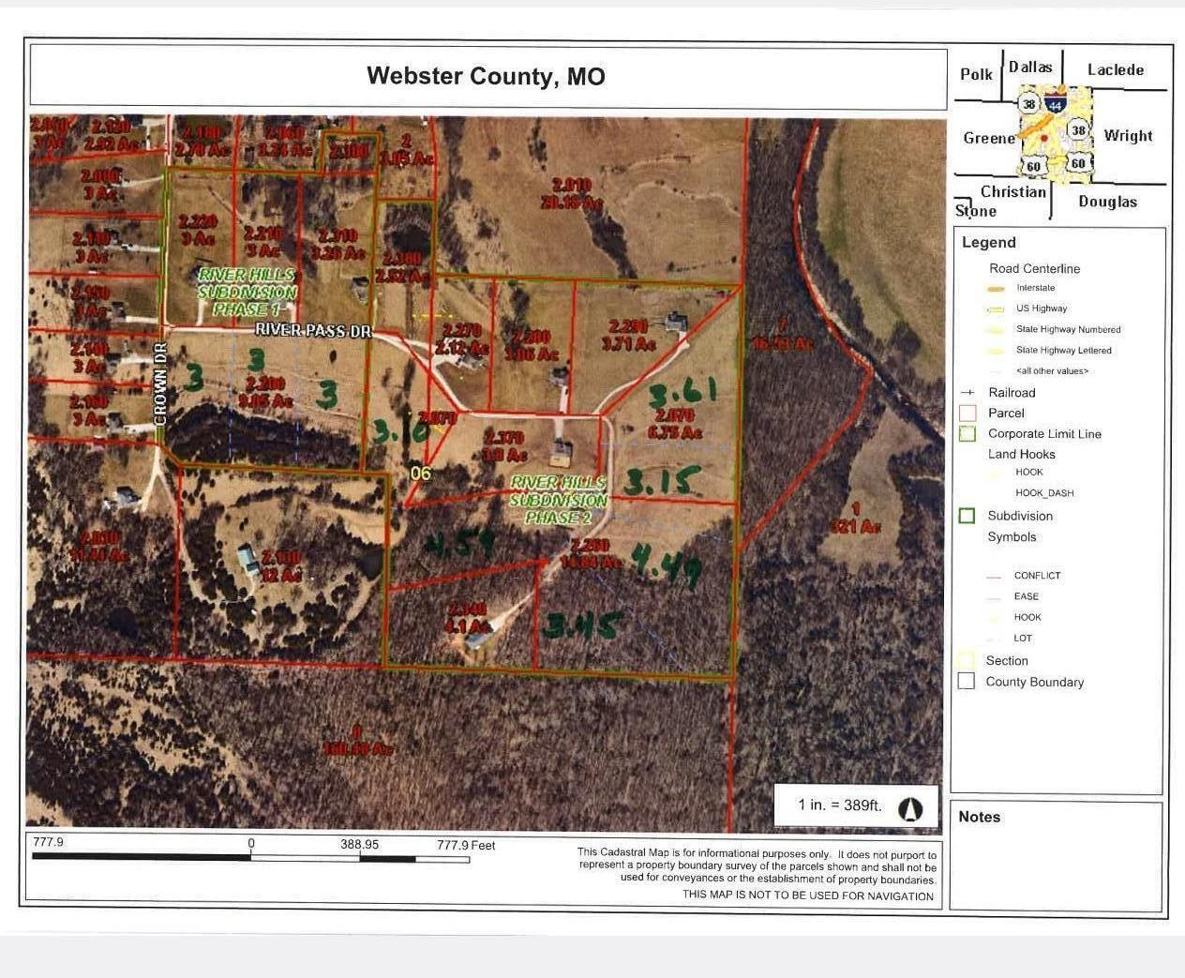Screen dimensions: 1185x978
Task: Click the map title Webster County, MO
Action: [x=486, y=76]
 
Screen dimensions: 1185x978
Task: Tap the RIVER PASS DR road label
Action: [x=313, y=330]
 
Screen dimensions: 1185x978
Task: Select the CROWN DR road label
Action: [x=160, y=385]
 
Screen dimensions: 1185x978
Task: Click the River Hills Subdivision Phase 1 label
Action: [x=247, y=292]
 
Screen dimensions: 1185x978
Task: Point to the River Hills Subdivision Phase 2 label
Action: [x=559, y=499]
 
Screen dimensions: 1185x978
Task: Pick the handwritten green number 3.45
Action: [x=582, y=625]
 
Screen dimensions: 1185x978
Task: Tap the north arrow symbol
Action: [x=910, y=809]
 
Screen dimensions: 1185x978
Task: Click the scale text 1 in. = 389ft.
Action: [x=839, y=805]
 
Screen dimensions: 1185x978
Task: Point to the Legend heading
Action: [x=988, y=243]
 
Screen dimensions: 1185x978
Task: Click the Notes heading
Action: [x=979, y=817]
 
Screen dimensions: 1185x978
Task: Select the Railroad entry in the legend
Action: [x=1012, y=393]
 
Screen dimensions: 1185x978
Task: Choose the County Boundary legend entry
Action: [x=1034, y=682]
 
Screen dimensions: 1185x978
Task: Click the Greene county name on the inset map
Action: [x=989, y=138]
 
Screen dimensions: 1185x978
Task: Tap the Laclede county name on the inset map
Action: [x=1115, y=70]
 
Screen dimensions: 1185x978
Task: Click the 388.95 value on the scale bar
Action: [x=359, y=844]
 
